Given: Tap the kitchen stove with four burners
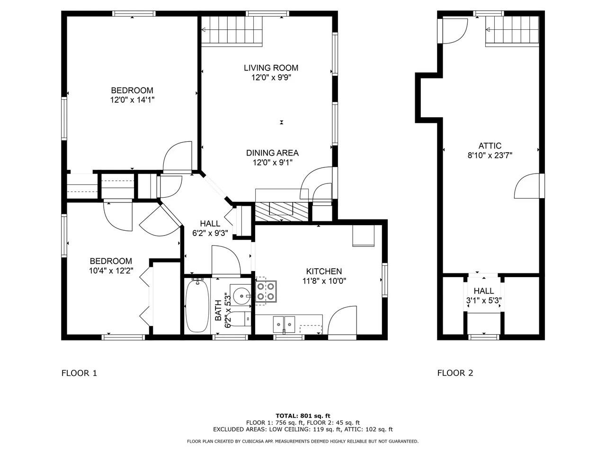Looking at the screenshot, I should click(266, 291).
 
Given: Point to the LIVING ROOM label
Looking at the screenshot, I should click(271, 68).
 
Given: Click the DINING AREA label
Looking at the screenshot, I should click(272, 153).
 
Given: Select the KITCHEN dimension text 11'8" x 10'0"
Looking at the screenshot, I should click(324, 280).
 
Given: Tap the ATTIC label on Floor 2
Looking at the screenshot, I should click(490, 146).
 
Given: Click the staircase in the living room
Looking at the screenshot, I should click(232, 30).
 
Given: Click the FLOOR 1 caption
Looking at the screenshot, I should click(79, 373).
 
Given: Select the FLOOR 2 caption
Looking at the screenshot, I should click(455, 373).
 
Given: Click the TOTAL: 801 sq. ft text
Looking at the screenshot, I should click(303, 416).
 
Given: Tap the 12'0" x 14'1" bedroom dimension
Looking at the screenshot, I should click(132, 100).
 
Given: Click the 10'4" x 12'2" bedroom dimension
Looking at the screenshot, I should click(111, 271).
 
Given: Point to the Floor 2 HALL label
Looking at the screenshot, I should click(483, 291).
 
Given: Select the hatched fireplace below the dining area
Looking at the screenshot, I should click(281, 211).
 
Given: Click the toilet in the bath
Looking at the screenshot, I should click(240, 319).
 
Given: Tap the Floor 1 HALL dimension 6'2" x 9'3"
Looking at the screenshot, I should click(210, 233).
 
